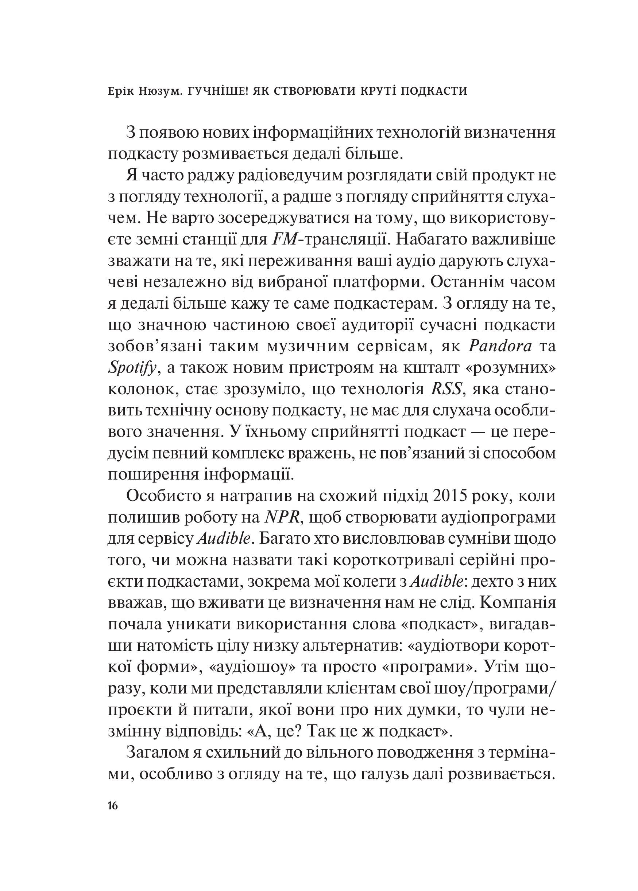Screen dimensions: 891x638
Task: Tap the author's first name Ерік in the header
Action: [123, 91]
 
